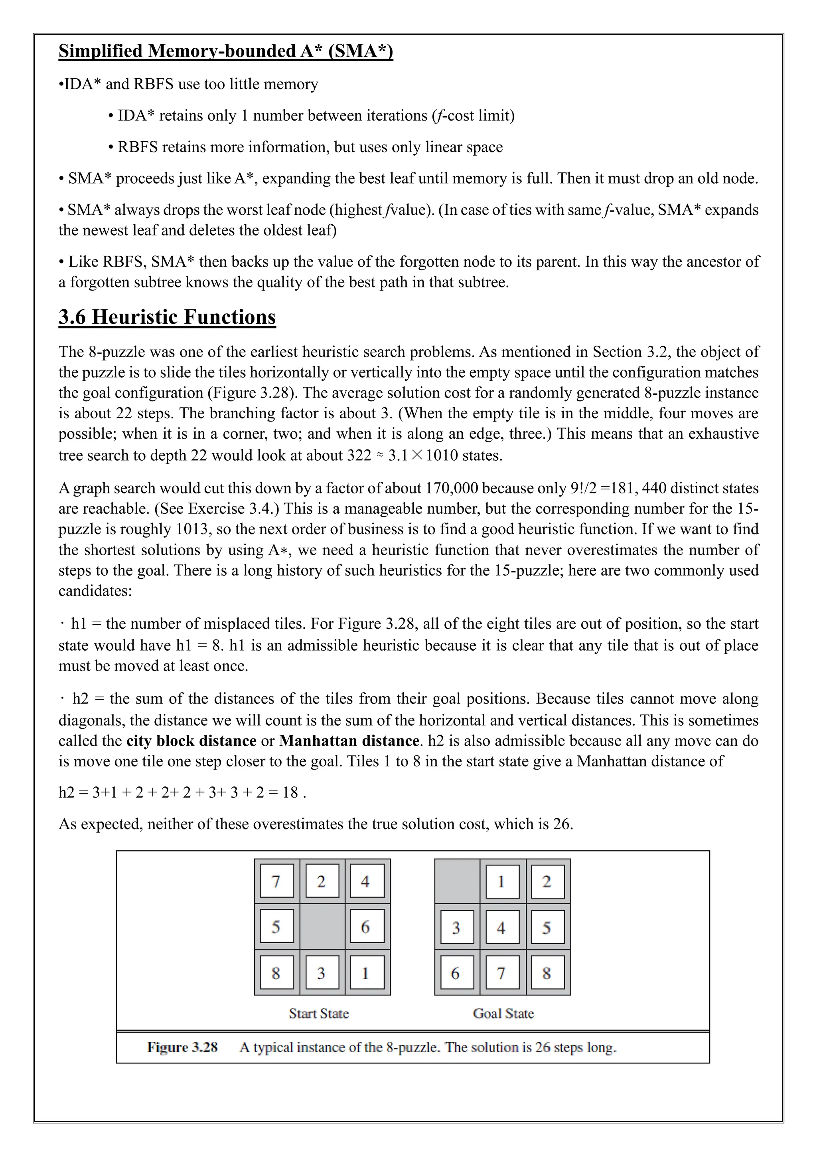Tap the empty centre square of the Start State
click(322, 926)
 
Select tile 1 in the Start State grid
click(367, 973)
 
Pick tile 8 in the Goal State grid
click(547, 973)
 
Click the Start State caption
click(319, 1013)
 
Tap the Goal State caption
click(503, 1013)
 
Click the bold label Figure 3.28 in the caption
click(182, 1047)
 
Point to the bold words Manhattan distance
click(349, 740)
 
